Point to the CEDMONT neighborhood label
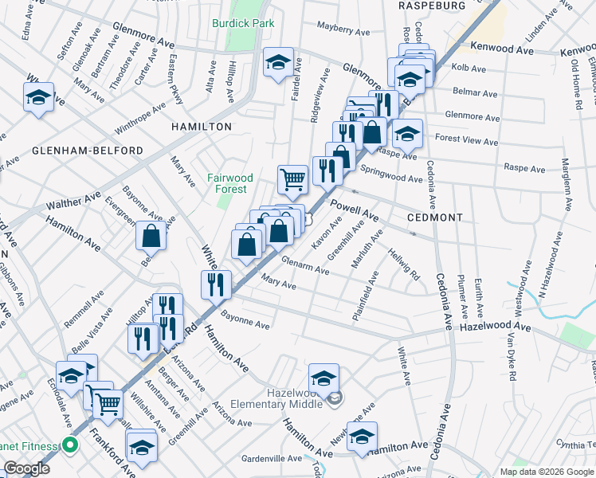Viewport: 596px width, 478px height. [x=441, y=217]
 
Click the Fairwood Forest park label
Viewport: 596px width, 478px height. [x=230, y=183]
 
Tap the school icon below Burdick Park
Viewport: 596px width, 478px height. [x=279, y=62]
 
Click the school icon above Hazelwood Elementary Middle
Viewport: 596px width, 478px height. [x=323, y=378]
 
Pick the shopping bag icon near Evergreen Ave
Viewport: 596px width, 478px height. [x=151, y=236]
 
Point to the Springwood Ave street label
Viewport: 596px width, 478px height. [x=391, y=174]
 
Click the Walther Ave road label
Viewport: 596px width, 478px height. [x=73, y=201]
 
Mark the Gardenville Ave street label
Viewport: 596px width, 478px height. [x=272, y=459]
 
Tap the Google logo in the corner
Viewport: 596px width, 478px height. [x=26, y=468]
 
